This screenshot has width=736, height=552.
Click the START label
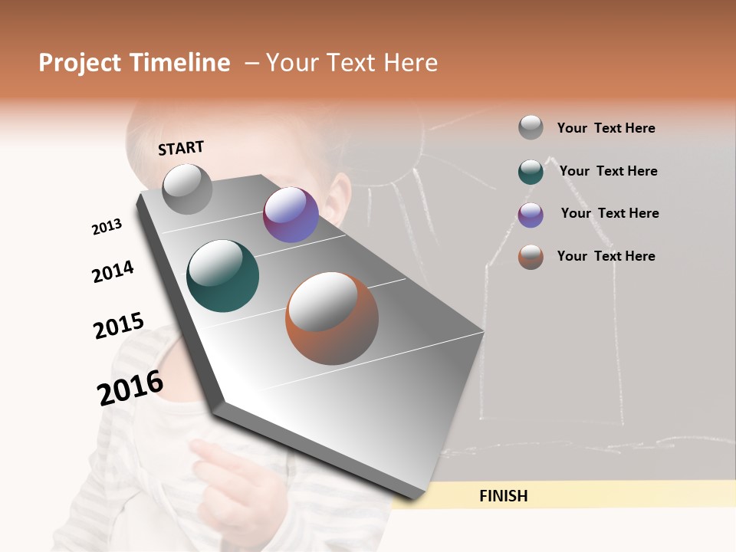pyautogui.click(x=181, y=148)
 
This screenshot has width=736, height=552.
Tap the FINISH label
pyautogui.click(x=503, y=496)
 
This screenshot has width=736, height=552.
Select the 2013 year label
pyautogui.click(x=107, y=227)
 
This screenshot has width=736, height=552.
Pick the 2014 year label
pyautogui.click(x=113, y=271)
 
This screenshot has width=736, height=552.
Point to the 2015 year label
pyautogui.click(x=119, y=326)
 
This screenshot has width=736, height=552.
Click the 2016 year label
pyautogui.click(x=130, y=388)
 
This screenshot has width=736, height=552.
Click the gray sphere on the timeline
pyautogui.click(x=187, y=189)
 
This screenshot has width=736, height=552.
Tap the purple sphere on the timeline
pyautogui.click(x=291, y=215)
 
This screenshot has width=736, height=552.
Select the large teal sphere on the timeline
pyautogui.click(x=223, y=276)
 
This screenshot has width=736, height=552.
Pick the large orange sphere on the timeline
pyautogui.click(x=332, y=318)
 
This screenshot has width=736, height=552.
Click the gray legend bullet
pyautogui.click(x=531, y=127)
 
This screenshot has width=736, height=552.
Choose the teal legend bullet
pyautogui.click(x=531, y=172)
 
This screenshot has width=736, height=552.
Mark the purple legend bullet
pyautogui.click(x=531, y=215)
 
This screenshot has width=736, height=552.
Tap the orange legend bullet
pyautogui.click(x=531, y=257)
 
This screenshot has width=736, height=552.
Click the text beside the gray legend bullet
pyautogui.click(x=606, y=128)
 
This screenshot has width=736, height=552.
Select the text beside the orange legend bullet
pyautogui.click(x=606, y=256)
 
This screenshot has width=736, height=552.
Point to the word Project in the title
pyautogui.click(x=80, y=63)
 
